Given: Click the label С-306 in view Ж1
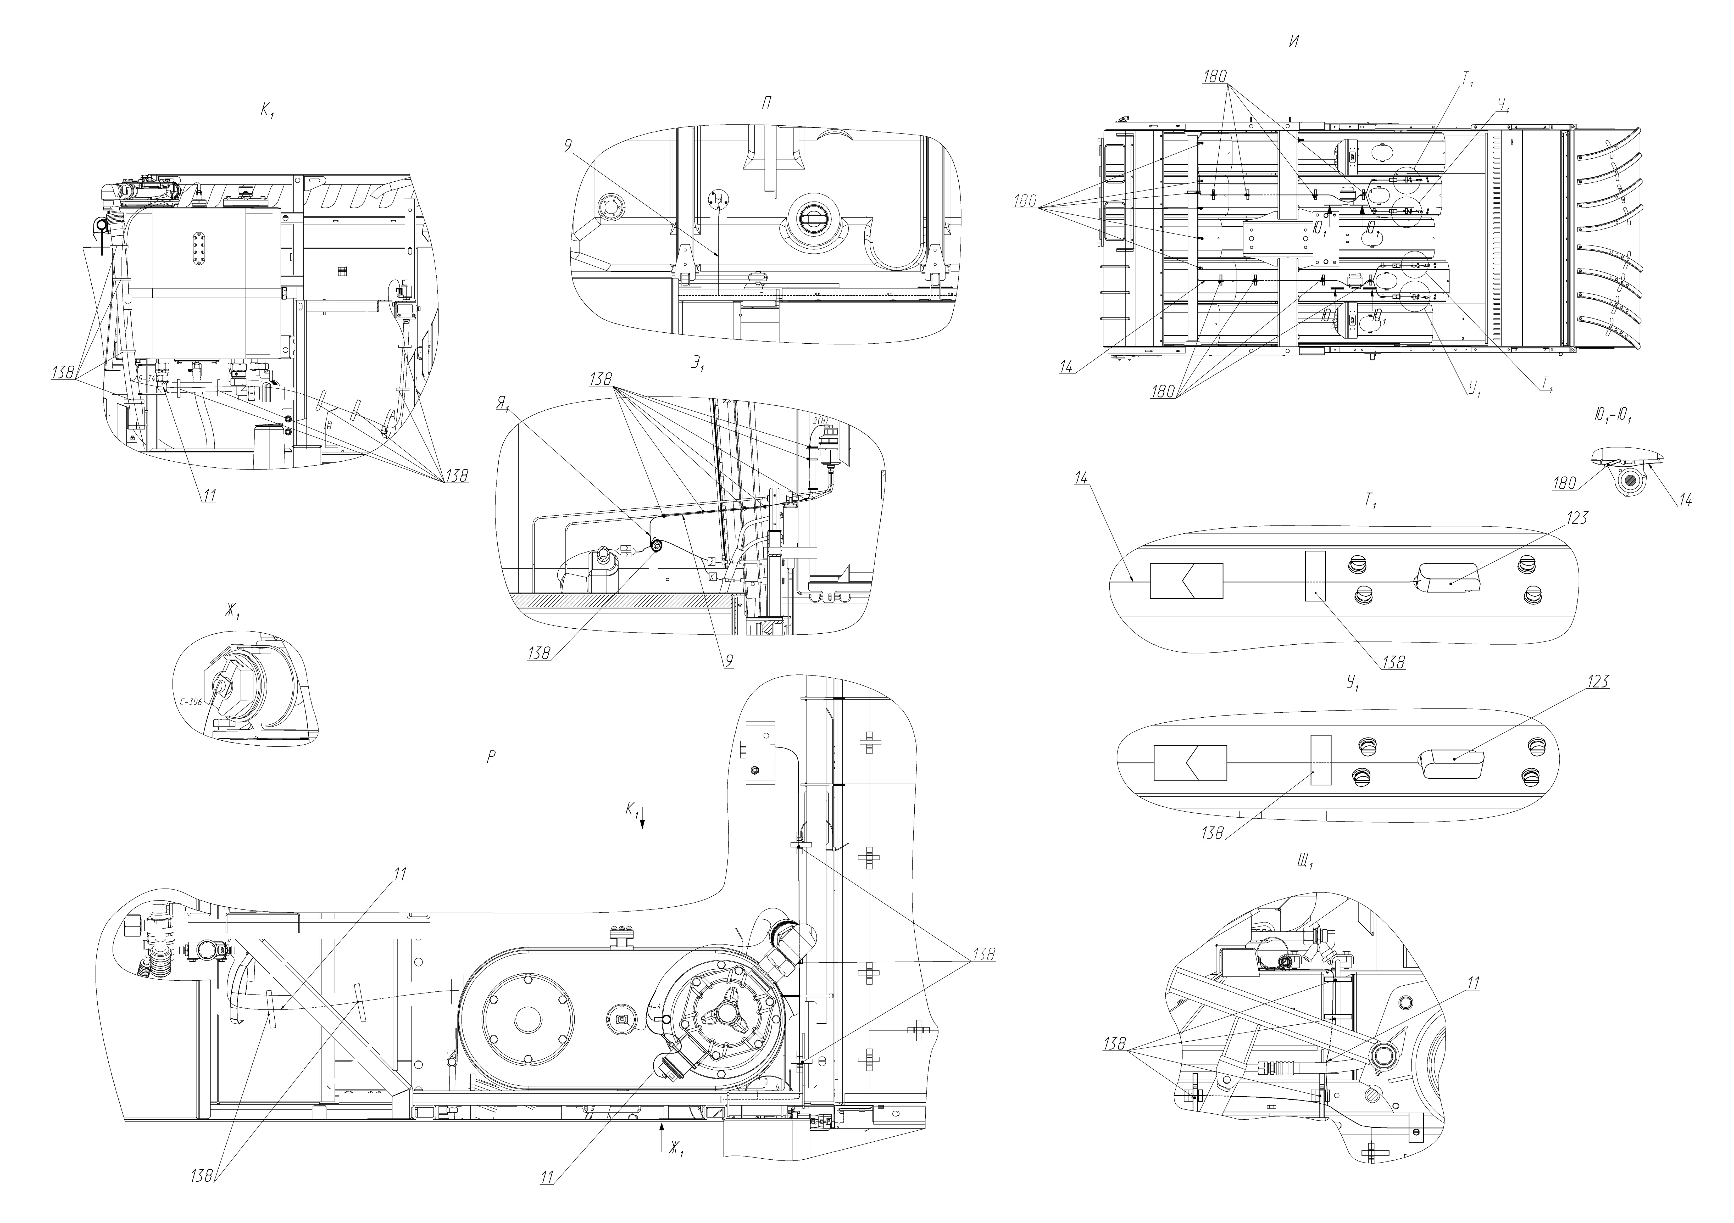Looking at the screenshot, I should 193,701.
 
